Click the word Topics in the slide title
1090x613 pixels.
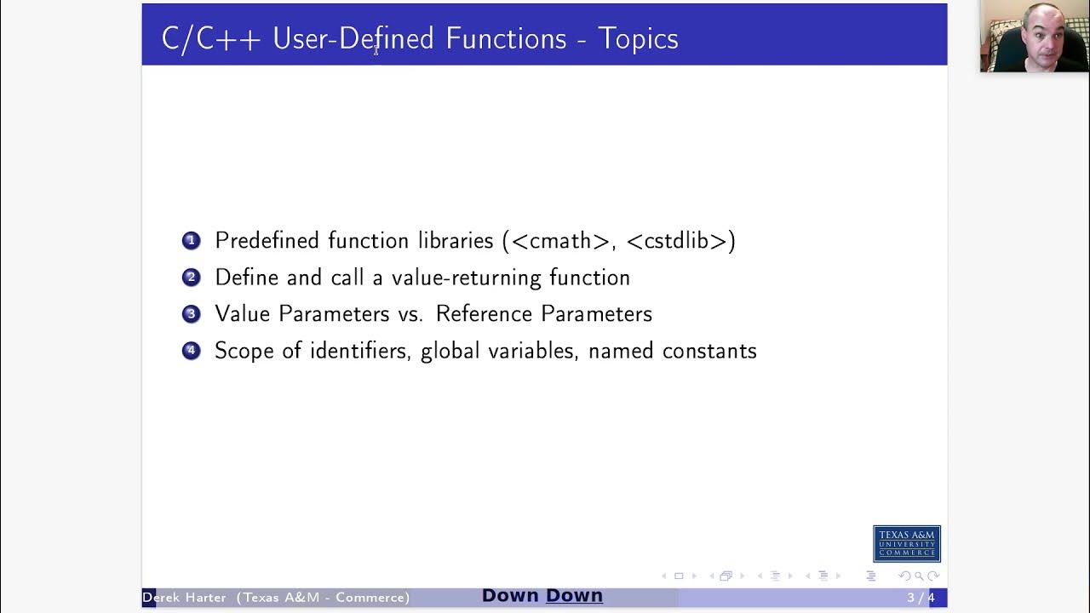pyautogui.click(x=638, y=39)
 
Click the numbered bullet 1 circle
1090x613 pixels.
pyautogui.click(x=191, y=241)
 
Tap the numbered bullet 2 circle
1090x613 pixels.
pyautogui.click(x=191, y=278)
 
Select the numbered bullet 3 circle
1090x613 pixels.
pyautogui.click(x=191, y=314)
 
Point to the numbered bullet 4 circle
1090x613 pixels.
pyautogui.click(x=191, y=351)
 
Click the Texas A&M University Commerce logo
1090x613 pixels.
pyautogui.click(x=906, y=544)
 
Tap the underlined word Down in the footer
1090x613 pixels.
pyautogui.click(x=574, y=596)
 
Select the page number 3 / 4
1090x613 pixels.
pyautogui.click(x=921, y=598)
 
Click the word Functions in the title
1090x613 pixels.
pyautogui.click(x=506, y=39)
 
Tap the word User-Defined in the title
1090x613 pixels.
pyautogui.click(x=353, y=39)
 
